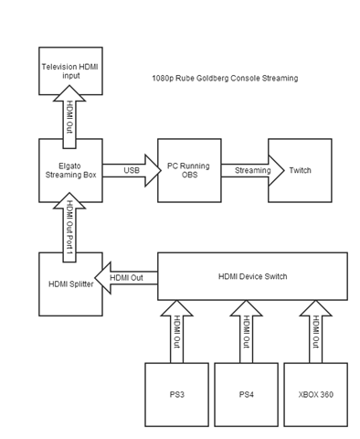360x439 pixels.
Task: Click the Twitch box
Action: tap(300, 170)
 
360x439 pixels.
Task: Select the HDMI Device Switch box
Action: tap(253, 277)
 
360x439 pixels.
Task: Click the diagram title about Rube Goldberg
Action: tap(225, 79)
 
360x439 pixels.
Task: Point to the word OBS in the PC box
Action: tap(188, 176)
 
